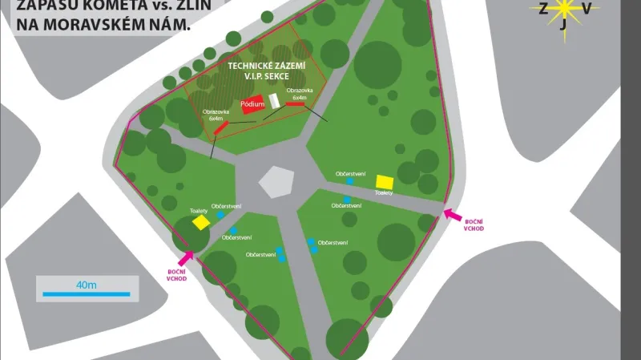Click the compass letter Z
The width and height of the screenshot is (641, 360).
(x=544, y=9)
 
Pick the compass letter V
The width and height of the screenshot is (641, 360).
(x=587, y=9)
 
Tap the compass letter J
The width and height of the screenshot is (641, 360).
(x=564, y=26)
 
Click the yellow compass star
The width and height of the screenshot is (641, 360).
(x=565, y=9)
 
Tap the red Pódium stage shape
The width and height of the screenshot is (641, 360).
(x=252, y=104)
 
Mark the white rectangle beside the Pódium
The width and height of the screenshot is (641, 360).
(x=274, y=101)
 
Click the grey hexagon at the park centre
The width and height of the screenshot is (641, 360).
(x=277, y=181)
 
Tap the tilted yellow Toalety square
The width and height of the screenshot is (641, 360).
(x=200, y=220)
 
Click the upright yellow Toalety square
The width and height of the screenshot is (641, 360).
(x=385, y=182)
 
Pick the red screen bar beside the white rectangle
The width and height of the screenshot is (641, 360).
(x=295, y=103)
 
